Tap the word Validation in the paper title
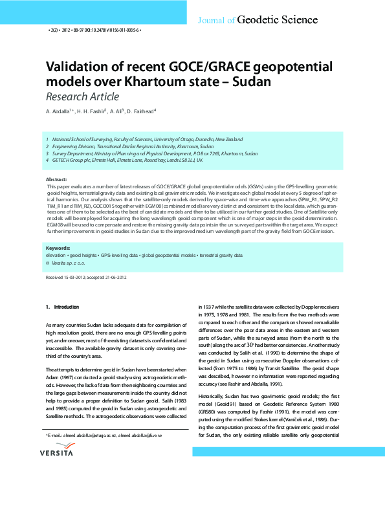click(76, 67)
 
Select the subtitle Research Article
click(82, 97)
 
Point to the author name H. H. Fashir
click(91, 112)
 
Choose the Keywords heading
click(58, 248)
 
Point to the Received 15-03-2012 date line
click(68, 277)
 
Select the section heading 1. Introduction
click(62, 306)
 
